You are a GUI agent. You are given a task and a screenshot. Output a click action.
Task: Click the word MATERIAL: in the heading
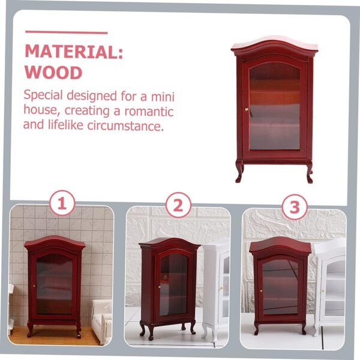(74, 52)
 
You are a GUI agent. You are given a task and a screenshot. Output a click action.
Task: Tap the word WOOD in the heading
(53, 73)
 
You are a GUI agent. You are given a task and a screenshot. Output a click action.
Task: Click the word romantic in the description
(149, 112)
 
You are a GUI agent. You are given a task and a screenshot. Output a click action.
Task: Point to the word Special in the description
(43, 95)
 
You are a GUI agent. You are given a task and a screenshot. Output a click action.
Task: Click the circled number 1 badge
(62, 203)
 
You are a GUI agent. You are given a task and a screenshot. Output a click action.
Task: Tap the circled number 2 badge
(178, 205)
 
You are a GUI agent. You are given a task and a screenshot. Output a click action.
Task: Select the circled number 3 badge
(295, 207)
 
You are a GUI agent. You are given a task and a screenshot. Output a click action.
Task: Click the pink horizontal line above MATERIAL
(67, 32)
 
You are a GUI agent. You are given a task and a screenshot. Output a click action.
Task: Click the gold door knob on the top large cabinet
(247, 109)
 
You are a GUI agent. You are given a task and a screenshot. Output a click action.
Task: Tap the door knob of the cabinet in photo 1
(34, 286)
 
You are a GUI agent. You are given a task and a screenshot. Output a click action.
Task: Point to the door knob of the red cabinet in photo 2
(159, 287)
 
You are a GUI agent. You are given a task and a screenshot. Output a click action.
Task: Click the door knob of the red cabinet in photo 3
(261, 291)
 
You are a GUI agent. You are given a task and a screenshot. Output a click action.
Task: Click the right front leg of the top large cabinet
(309, 172)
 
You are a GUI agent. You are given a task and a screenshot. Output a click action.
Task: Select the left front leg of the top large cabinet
(239, 171)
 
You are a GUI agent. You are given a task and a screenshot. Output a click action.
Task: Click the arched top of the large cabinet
(274, 47)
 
